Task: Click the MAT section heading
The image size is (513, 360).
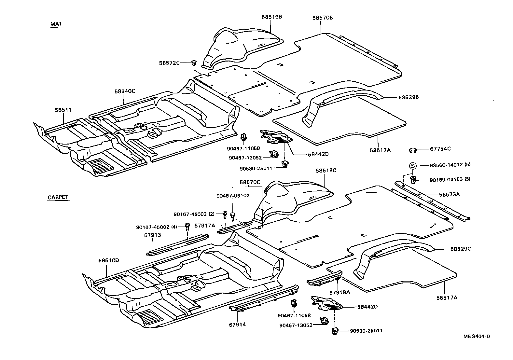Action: pos(56,24)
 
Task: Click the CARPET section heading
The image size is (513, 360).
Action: pos(58,197)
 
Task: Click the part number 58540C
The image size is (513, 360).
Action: pos(125,91)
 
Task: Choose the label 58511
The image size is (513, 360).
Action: pos(63,110)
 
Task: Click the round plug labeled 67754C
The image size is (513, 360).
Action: pos(413,150)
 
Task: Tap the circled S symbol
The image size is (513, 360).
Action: pos(412,166)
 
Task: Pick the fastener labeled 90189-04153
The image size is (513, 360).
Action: pos(413,180)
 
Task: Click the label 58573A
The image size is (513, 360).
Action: pos(449,194)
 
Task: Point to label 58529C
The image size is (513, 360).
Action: pos(461,249)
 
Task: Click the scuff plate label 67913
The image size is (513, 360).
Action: pos(153,235)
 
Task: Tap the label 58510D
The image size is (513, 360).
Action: pos(109,260)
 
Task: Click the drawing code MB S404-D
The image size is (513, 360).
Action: pos(477,336)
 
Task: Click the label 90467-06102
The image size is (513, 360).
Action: pos(233,196)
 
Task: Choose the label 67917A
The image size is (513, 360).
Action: pos(205,225)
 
